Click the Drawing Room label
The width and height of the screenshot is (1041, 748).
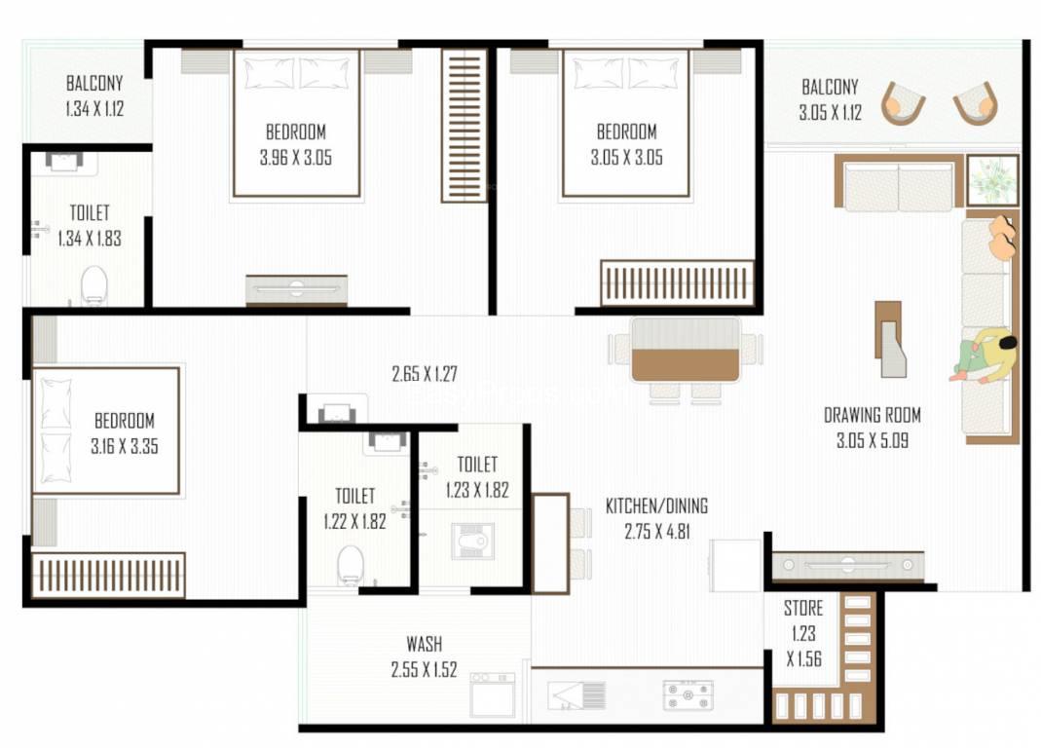click(x=872, y=415)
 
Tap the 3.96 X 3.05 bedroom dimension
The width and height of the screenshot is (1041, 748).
click(x=295, y=158)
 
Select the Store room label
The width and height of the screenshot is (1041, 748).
click(x=803, y=608)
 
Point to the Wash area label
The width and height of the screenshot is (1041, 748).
click(x=425, y=644)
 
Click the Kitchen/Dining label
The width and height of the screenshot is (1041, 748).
click(x=656, y=506)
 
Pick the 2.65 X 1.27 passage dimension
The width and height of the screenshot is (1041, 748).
click(x=425, y=374)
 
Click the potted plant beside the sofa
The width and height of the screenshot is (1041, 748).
click(x=992, y=180)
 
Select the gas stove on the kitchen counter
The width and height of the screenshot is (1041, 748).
click(x=688, y=694)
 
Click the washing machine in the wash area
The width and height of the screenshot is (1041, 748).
click(x=493, y=694)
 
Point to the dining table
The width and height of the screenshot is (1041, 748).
click(x=686, y=351)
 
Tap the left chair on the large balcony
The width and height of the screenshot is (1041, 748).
click(x=903, y=103)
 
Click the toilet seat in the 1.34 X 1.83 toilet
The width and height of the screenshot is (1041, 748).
click(x=94, y=285)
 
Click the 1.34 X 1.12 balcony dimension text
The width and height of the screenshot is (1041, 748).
click(x=94, y=108)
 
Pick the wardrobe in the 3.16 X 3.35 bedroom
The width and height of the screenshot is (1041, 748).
click(x=108, y=575)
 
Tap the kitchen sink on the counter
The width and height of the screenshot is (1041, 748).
click(x=576, y=694)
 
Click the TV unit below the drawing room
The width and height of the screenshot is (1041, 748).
click(x=848, y=566)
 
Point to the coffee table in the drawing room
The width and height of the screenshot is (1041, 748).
click(x=890, y=339)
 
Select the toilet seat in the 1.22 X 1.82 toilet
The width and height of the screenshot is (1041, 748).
click(x=350, y=565)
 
